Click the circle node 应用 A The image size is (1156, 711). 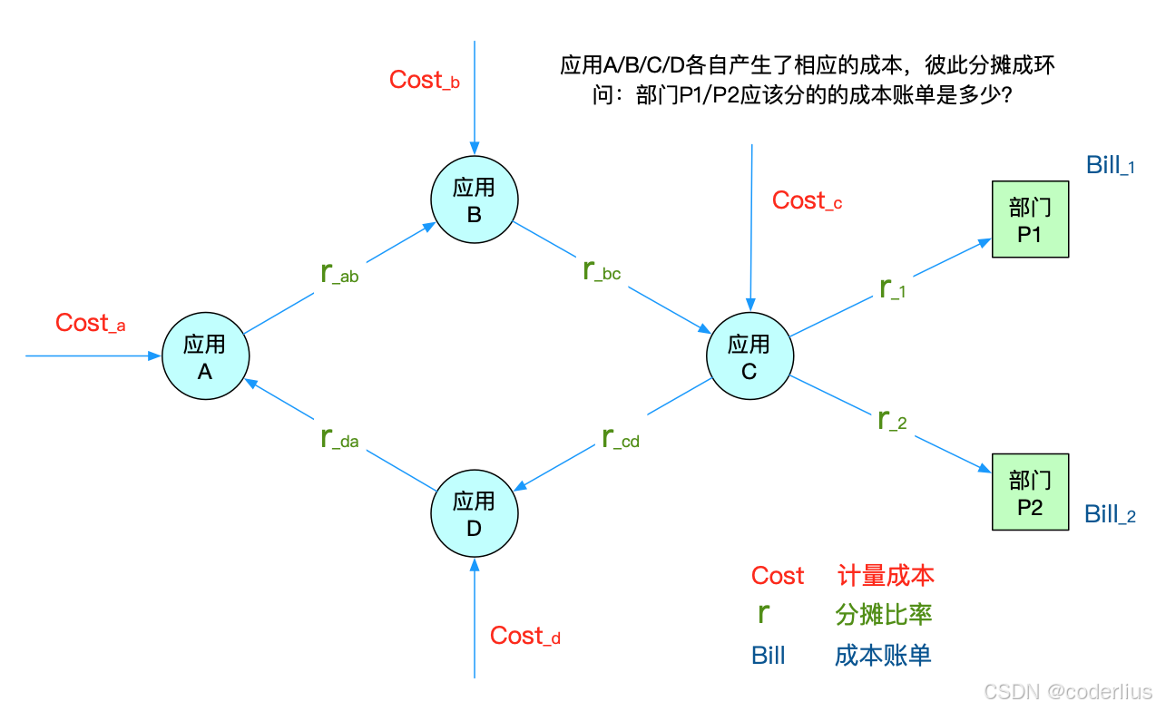[205, 356]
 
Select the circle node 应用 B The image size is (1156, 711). [474, 200]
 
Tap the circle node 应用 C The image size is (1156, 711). [749, 356]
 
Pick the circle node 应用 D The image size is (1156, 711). [474, 513]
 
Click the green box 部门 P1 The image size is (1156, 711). [1030, 219]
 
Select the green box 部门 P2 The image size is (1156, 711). [1030, 492]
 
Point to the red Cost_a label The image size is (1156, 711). [90, 324]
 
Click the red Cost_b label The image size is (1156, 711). [424, 81]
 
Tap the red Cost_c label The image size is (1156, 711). [807, 201]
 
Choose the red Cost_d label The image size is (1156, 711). [524, 637]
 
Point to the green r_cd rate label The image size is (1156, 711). [621, 438]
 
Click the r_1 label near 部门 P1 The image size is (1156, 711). [893, 287]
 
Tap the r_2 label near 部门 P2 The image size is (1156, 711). [893, 420]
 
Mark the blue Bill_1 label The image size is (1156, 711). [1110, 166]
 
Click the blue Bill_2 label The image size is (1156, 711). [1110, 515]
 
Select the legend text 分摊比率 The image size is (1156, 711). [883, 615]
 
